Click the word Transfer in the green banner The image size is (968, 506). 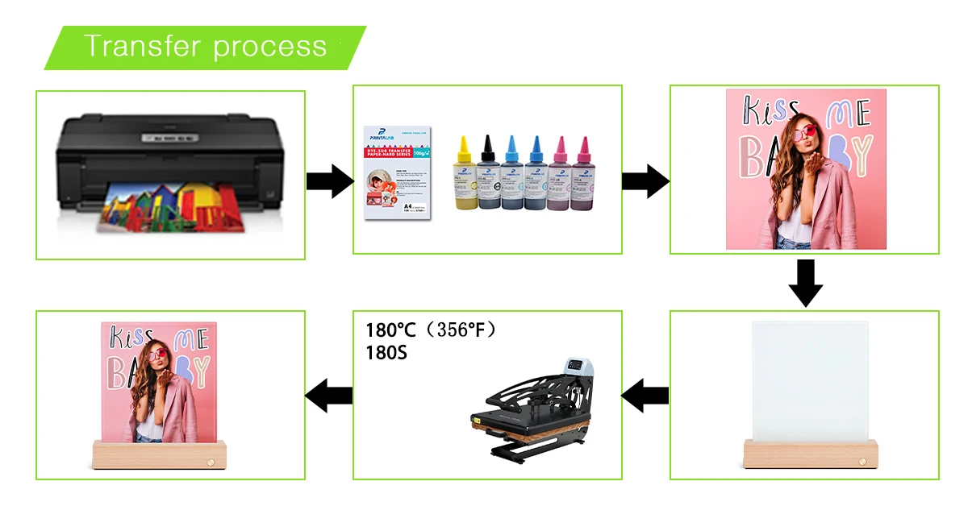point(140,46)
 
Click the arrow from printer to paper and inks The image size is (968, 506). point(329,180)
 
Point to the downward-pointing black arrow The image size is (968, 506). point(805,283)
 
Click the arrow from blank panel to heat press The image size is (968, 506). point(645,395)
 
